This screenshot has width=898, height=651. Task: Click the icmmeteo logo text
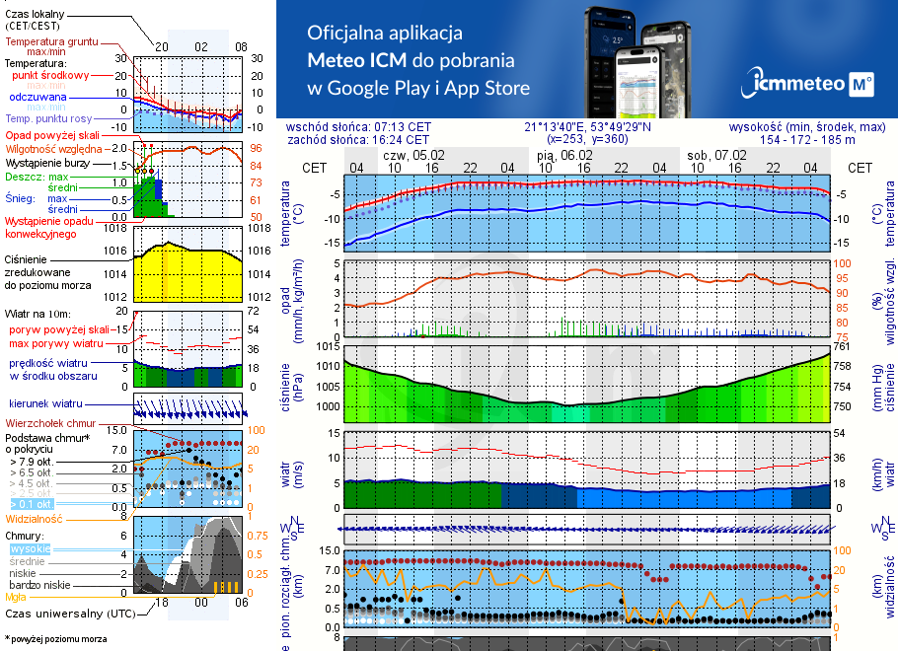(x=793, y=85)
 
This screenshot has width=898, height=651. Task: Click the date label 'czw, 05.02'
(x=413, y=155)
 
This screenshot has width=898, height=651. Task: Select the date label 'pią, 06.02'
(x=564, y=155)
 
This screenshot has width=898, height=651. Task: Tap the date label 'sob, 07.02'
(x=716, y=155)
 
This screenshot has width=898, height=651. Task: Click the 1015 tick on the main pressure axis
(x=327, y=346)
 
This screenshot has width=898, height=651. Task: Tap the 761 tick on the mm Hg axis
(x=841, y=346)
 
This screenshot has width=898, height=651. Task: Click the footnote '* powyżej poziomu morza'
(x=55, y=639)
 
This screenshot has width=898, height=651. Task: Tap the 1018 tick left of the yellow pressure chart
(x=115, y=228)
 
